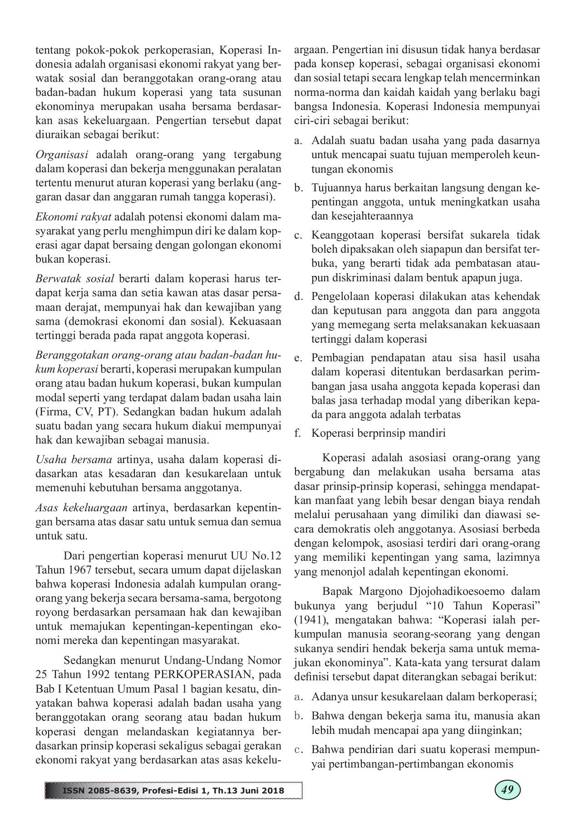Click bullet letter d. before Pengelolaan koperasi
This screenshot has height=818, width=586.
pyautogui.click(x=298, y=297)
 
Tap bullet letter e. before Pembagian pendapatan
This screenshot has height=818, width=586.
pyautogui.click(x=298, y=358)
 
